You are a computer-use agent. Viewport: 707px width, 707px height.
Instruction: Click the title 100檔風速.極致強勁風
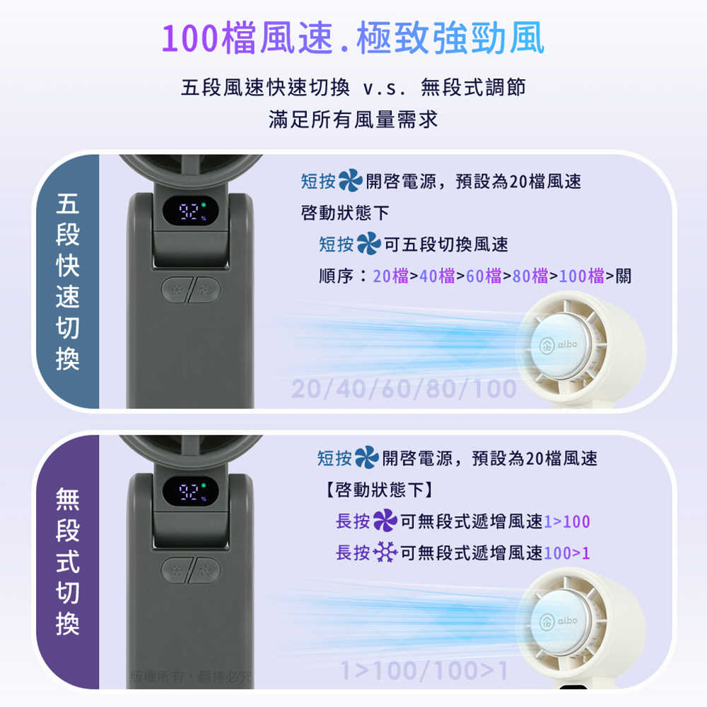click(353, 39)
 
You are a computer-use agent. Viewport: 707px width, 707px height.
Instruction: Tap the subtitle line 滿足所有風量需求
click(353, 119)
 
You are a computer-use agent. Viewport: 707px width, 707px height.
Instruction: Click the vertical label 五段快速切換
click(67, 283)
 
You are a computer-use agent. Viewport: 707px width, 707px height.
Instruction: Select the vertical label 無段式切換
click(67, 562)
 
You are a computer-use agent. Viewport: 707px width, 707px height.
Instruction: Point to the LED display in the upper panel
click(187, 211)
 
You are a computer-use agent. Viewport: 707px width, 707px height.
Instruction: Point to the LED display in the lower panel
click(187, 491)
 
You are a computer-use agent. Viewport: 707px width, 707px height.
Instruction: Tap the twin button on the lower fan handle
click(191, 570)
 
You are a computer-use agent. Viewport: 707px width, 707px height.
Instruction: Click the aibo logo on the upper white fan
click(559, 345)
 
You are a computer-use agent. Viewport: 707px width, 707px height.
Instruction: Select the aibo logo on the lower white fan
click(559, 621)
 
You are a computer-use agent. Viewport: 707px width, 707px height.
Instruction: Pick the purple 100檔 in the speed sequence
click(582, 276)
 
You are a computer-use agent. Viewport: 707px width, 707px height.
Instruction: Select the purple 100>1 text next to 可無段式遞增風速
click(567, 552)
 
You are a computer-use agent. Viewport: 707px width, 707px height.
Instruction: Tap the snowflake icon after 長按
click(385, 552)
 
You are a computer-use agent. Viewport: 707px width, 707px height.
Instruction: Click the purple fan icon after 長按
click(385, 522)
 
